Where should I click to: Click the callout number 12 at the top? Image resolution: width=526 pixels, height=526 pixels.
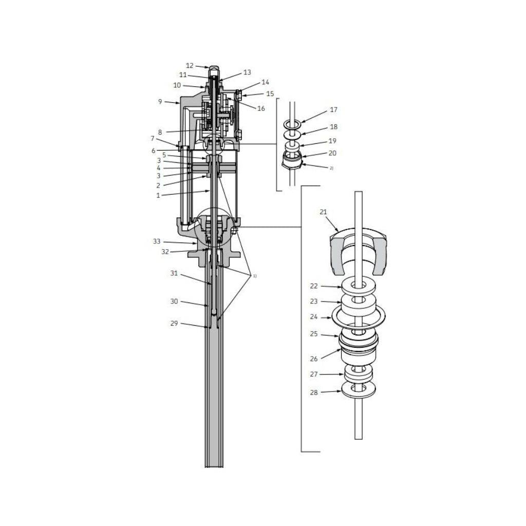click(x=190, y=66)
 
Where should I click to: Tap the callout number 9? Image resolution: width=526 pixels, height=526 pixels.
click(x=160, y=101)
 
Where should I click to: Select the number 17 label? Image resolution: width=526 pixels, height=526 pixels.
click(x=333, y=110)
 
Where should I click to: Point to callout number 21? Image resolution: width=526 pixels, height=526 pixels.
click(x=323, y=212)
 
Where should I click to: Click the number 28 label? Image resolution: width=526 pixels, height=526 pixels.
click(x=314, y=392)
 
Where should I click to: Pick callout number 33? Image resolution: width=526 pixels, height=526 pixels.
click(x=157, y=241)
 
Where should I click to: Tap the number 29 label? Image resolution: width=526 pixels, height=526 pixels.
click(x=174, y=324)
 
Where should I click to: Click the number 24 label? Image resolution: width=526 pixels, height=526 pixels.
click(x=314, y=316)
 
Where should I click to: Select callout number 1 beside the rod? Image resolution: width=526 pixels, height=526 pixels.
click(x=158, y=196)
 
